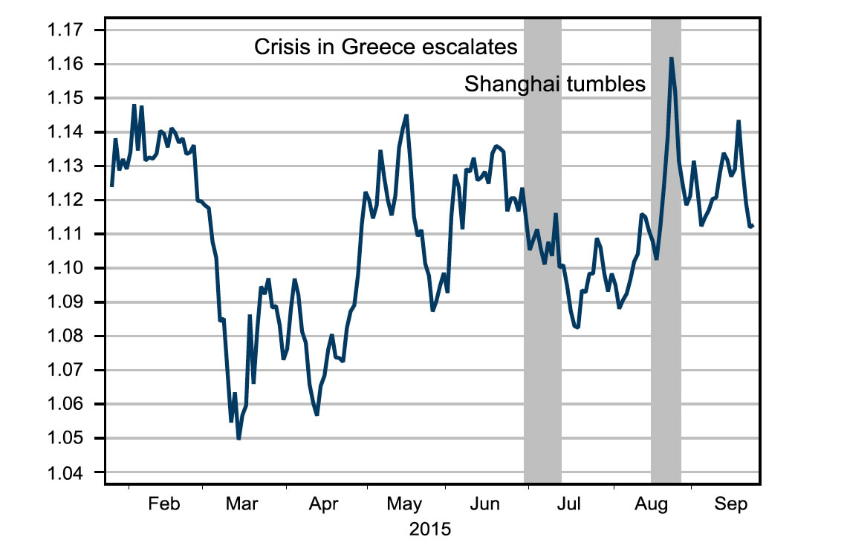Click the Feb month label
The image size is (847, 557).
[x=164, y=504]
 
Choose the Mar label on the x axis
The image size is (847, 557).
[x=243, y=504]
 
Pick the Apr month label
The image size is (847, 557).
[x=324, y=504]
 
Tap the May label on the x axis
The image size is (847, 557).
[x=405, y=504]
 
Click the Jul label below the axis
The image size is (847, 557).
[x=569, y=504]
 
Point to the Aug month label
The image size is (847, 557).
[x=650, y=504]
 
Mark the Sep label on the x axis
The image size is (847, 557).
[x=731, y=504]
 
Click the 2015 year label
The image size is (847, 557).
[x=430, y=530]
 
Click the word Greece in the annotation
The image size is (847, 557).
[x=377, y=48]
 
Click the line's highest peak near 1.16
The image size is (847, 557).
[x=671, y=58]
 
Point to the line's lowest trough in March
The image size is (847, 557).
[x=238, y=438]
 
